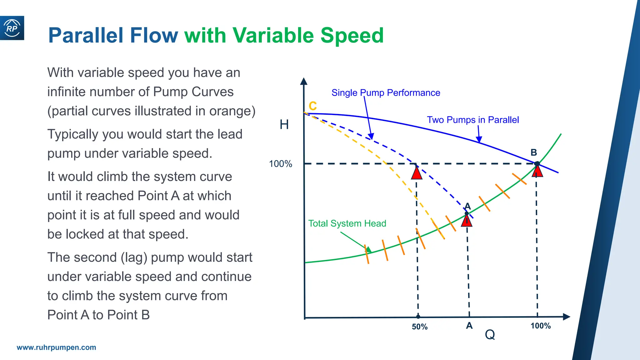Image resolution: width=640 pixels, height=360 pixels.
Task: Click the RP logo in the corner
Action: tap(12, 28)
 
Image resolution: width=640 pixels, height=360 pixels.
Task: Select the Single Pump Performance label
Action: tap(386, 93)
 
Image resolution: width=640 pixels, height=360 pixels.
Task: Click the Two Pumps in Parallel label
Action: tap(473, 120)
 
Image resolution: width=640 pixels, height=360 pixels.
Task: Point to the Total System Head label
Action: tap(347, 223)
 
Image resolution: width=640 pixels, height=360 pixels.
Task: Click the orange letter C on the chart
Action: tap(312, 106)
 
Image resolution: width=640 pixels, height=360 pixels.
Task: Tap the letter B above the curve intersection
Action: tap(534, 152)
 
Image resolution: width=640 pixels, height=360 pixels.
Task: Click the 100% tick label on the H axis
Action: tap(280, 164)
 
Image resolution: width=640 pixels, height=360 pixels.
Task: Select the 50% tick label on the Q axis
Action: tap(419, 327)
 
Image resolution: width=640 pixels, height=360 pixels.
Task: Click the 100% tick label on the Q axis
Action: tap(541, 326)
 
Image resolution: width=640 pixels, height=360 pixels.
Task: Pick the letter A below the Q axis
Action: tap(469, 326)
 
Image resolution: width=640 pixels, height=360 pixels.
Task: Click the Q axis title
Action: tap(490, 335)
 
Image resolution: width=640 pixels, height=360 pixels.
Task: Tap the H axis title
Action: tap(284, 125)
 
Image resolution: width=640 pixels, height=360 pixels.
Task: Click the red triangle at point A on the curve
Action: tap(467, 221)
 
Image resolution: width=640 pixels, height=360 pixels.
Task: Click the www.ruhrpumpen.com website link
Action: tap(56, 347)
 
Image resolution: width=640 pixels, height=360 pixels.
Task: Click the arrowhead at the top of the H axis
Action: tap(303, 81)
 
